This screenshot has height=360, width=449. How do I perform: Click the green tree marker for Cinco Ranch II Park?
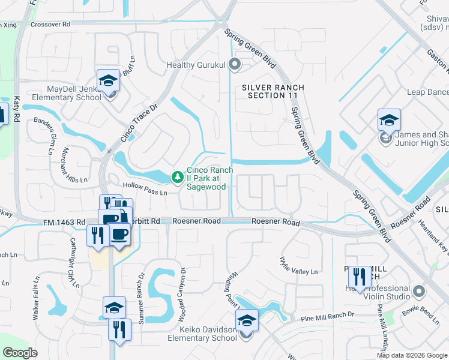[177, 176]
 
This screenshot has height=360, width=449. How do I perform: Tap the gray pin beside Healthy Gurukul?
[235, 64]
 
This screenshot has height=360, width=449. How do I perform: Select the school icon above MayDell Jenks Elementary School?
[108, 80]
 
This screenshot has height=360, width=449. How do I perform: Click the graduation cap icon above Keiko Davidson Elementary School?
[247, 320]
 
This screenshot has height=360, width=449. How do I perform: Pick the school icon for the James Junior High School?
[388, 120]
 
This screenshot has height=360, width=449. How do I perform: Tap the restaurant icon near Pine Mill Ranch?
[360, 277]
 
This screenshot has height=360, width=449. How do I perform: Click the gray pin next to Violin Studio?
[419, 292]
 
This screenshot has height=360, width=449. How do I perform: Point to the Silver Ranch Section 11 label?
[273, 92]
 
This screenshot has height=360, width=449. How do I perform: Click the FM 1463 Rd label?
[64, 222]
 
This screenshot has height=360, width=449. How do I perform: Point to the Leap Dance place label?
[427, 92]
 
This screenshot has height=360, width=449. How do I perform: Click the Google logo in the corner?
[20, 353]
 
